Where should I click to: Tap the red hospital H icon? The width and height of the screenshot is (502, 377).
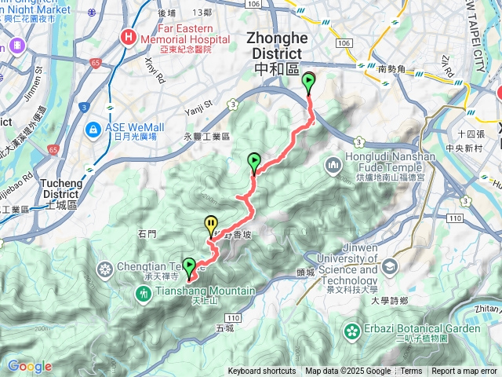[127, 37]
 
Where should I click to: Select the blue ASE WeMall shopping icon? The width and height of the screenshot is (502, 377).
[93, 127]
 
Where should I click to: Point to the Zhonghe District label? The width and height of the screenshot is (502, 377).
[273, 46]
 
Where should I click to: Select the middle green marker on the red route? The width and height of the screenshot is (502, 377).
[254, 162]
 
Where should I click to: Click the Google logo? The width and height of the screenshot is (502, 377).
[29, 366]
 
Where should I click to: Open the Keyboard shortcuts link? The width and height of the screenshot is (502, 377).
[262, 372]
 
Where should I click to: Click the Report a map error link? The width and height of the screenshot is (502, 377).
[465, 372]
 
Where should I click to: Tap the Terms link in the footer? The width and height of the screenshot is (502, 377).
[411, 372]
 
